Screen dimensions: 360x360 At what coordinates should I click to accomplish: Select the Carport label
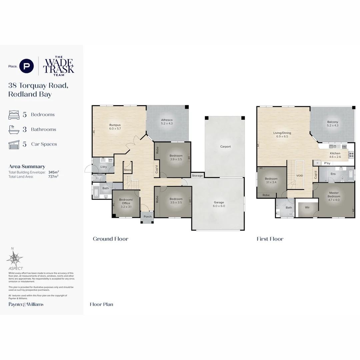[x=225, y=147]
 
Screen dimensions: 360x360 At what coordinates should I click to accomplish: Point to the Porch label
[x=148, y=217]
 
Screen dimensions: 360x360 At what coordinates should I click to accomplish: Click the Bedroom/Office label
[x=126, y=202]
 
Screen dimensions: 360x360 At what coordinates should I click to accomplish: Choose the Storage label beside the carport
[x=197, y=176]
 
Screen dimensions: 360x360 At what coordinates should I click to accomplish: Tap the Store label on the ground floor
[x=128, y=170]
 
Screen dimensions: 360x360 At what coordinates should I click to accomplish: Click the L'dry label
[x=104, y=167]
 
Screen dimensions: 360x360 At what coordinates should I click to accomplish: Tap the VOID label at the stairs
[x=300, y=176]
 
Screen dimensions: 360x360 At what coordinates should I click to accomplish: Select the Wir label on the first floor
[x=307, y=207]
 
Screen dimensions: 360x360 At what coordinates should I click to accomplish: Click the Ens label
[x=333, y=174]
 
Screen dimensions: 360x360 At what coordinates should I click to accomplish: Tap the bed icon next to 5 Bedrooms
[x=14, y=115]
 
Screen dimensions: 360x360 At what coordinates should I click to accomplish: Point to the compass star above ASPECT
[x=14, y=258]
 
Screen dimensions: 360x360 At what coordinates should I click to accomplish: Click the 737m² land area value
[x=53, y=177]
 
